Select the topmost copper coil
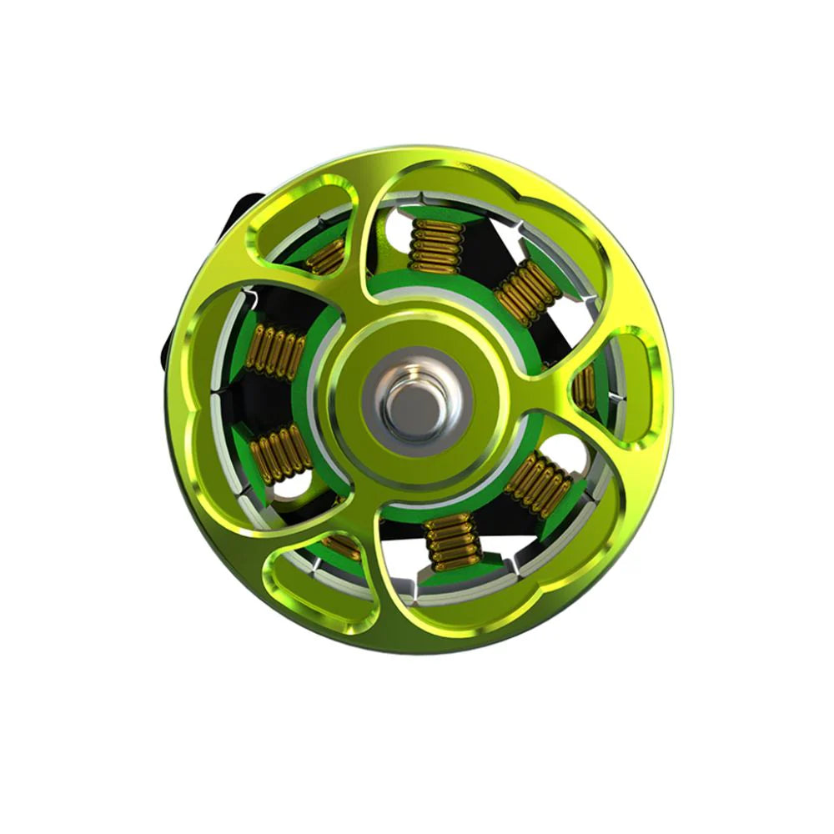point(436,246)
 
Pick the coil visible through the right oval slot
point(587,387)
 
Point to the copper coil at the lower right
point(539,484)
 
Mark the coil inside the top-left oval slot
point(326,255)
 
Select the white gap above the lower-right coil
point(566,450)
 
